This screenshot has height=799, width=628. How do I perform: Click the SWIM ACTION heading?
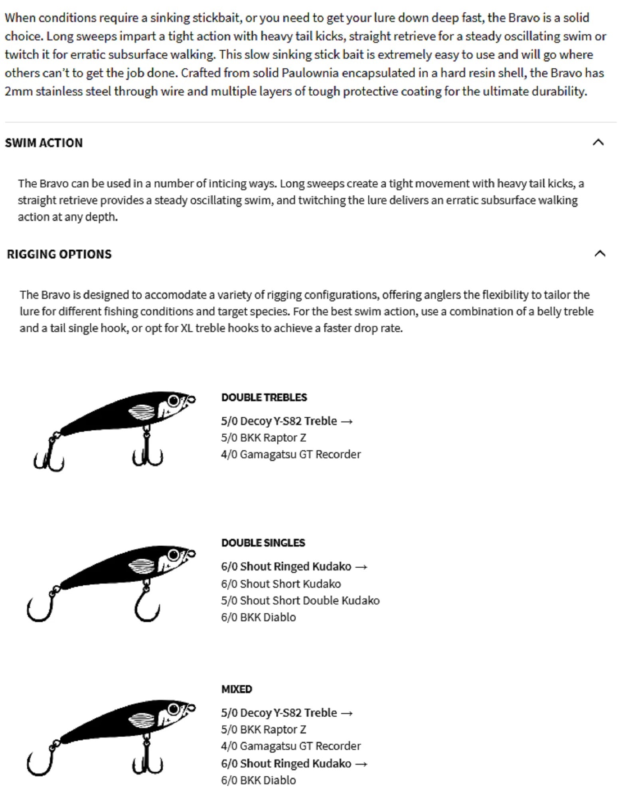[44, 143]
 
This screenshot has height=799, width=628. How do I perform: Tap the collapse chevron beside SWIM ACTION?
[598, 142]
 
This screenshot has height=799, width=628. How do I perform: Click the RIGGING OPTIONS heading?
[59, 254]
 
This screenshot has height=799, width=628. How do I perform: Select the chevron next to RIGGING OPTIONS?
[600, 254]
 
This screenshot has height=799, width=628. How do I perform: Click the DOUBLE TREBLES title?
[264, 398]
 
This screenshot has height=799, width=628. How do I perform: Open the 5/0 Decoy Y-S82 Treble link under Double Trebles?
[286, 421]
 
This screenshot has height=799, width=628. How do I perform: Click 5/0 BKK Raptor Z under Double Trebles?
[263, 438]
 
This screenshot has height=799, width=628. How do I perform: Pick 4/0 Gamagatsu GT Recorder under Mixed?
[290, 746]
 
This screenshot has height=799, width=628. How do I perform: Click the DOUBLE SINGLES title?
[263, 543]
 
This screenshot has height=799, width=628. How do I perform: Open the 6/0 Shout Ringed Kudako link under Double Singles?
[294, 566]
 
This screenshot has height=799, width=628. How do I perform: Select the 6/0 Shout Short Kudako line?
[281, 584]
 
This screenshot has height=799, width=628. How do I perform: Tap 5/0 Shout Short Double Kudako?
[300, 600]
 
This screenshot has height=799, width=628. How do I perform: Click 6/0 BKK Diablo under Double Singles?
[258, 617]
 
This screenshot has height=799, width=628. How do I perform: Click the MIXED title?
[237, 689]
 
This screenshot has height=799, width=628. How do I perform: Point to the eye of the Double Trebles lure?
[174, 400]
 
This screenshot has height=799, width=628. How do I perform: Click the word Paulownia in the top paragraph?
[310, 73]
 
